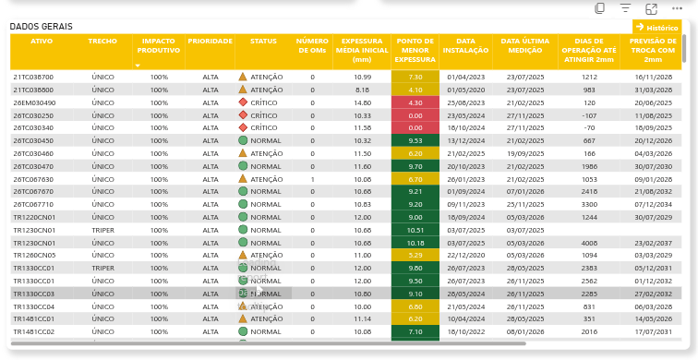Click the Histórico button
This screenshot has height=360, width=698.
pyautogui.click(x=656, y=28)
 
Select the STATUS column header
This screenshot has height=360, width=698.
pyautogui.click(x=263, y=42)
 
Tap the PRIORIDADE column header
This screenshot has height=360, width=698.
pyautogui.click(x=211, y=42)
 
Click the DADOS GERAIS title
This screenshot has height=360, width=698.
pyautogui.click(x=42, y=27)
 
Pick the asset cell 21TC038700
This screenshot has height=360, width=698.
pyautogui.click(x=33, y=77)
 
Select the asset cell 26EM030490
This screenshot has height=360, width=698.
pyautogui.click(x=34, y=102)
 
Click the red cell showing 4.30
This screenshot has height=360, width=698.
pyautogui.click(x=415, y=102)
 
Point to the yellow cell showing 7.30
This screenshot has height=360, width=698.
pyautogui.click(x=415, y=77)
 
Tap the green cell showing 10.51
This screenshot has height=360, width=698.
pyautogui.click(x=415, y=230)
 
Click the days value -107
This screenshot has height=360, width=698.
pyautogui.click(x=589, y=115)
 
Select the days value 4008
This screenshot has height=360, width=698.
pyautogui.click(x=589, y=243)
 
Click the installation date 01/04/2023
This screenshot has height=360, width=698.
pyautogui.click(x=465, y=77)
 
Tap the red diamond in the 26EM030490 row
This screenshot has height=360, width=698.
pyautogui.click(x=243, y=102)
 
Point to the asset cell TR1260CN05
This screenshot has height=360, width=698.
pyautogui.click(x=34, y=255)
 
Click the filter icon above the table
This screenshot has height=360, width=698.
pyautogui.click(x=625, y=8)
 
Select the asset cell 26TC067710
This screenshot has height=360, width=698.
pyautogui.click(x=33, y=204)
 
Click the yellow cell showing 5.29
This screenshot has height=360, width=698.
pyautogui.click(x=415, y=255)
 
